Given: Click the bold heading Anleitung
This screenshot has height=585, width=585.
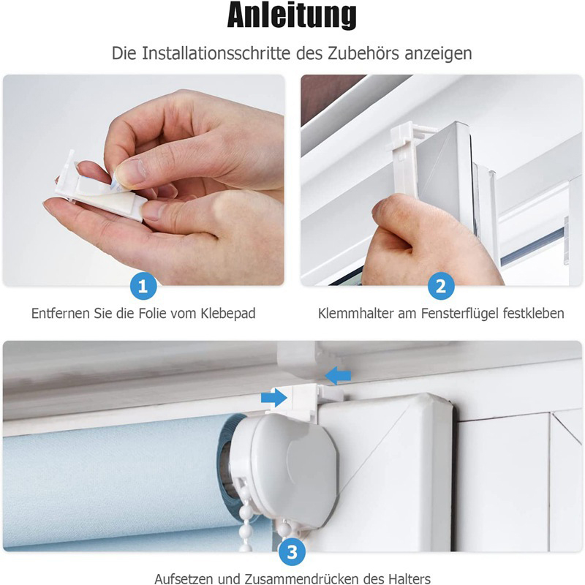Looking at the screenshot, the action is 292,15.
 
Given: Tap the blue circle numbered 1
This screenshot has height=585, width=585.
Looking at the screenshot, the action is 143,286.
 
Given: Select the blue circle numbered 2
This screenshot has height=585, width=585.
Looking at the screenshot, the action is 441,286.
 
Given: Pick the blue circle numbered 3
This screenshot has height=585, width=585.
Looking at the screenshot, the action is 292,552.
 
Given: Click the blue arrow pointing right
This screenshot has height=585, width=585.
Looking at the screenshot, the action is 273,398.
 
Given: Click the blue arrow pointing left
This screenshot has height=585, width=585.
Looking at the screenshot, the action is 338,375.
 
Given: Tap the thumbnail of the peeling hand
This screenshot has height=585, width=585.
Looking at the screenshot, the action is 143,180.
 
